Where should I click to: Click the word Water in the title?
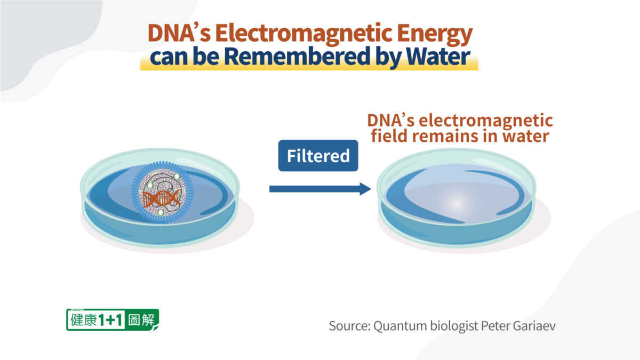pyautogui.click(x=438, y=56)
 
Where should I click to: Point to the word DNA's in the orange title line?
pyautogui.click(x=179, y=33)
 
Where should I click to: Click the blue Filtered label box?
pyautogui.click(x=318, y=156)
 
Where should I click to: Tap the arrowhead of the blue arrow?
pyautogui.click(x=365, y=189)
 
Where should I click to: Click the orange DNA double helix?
pyautogui.click(x=162, y=198)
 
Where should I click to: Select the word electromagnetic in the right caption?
pyautogui.click(x=486, y=121)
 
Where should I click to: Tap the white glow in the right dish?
pyautogui.click(x=457, y=204)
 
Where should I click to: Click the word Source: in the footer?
pyautogui.click(x=350, y=326)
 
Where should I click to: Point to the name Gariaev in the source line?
pyautogui.click(x=534, y=326)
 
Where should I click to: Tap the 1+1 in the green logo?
pyautogui.click(x=110, y=320)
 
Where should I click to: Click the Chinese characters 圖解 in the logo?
pyautogui.click(x=141, y=320)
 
